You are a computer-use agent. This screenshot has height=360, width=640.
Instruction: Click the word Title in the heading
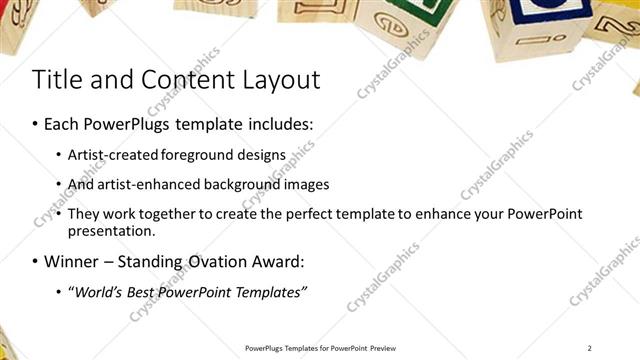[56, 80]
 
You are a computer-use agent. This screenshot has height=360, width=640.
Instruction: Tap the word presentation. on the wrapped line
[112, 231]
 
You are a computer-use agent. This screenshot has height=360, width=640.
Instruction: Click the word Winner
[72, 262]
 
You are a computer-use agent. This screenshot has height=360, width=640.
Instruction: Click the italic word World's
[99, 292]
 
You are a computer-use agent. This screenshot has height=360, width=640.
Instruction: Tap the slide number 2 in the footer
[590, 347]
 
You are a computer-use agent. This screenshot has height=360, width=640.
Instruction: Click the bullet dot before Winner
[36, 262]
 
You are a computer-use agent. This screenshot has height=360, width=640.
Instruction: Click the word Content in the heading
[175, 80]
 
